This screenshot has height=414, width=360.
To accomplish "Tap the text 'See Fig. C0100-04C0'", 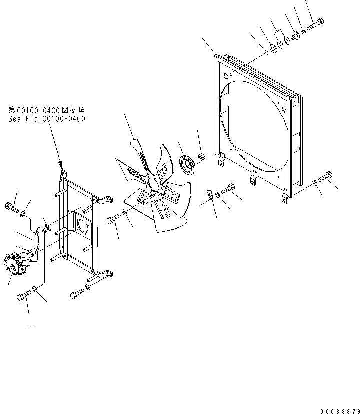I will coord(47,119).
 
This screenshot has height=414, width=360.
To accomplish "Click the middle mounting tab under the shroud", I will coord(253,176).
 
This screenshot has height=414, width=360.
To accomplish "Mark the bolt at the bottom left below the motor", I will coord(22,296).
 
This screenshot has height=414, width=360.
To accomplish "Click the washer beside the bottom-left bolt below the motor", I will coord(35,290).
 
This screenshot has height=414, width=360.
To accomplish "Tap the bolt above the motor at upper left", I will coord(12,206).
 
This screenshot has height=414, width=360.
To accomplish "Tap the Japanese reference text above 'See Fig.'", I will coord(47,109).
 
